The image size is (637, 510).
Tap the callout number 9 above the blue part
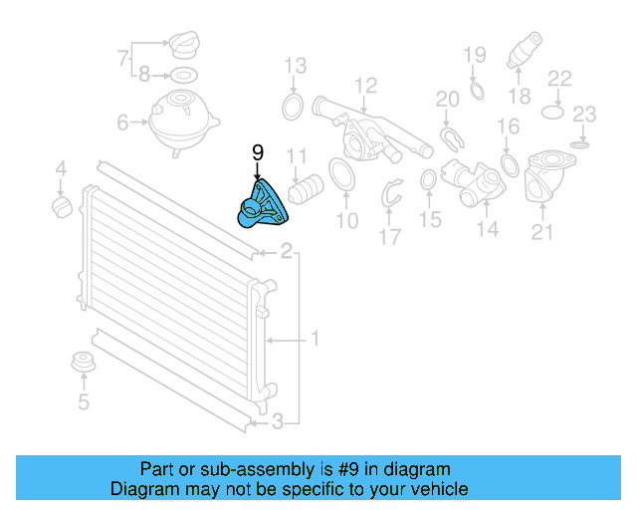click(x=258, y=152)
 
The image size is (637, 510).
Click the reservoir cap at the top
click(x=181, y=48)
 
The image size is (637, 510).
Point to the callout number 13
click(x=295, y=67)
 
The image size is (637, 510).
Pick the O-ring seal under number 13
click(x=294, y=107)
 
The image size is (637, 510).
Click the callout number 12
click(x=365, y=85)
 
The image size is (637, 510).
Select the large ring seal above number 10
click(x=340, y=175)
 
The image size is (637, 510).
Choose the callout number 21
click(x=542, y=232)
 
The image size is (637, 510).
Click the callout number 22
click(x=560, y=78)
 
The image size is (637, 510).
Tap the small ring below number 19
click(x=476, y=92)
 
